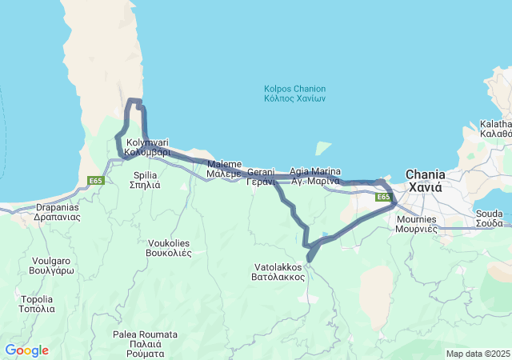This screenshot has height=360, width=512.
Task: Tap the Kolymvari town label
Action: click(147, 146)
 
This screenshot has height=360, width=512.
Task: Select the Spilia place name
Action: click(145, 179)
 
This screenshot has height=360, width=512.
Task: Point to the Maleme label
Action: click(223, 168)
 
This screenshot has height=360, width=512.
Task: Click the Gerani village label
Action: click(260, 177)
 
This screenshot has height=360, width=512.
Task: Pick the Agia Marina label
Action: click(315, 176)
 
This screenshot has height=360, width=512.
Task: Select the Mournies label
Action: click(416, 223)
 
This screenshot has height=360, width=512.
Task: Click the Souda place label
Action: click(489, 218)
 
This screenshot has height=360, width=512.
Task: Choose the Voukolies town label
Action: click(170, 246)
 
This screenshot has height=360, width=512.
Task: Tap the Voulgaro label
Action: click(53, 266)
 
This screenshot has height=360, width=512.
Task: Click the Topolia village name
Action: click(38, 304)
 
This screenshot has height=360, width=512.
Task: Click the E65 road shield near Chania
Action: click(383, 197)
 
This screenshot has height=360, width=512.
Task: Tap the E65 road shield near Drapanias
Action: click(96, 181)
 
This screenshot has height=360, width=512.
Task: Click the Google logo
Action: click(26, 350)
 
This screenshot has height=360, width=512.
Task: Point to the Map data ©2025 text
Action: click(478, 354)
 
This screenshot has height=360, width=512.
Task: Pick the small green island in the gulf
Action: click(323, 148)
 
